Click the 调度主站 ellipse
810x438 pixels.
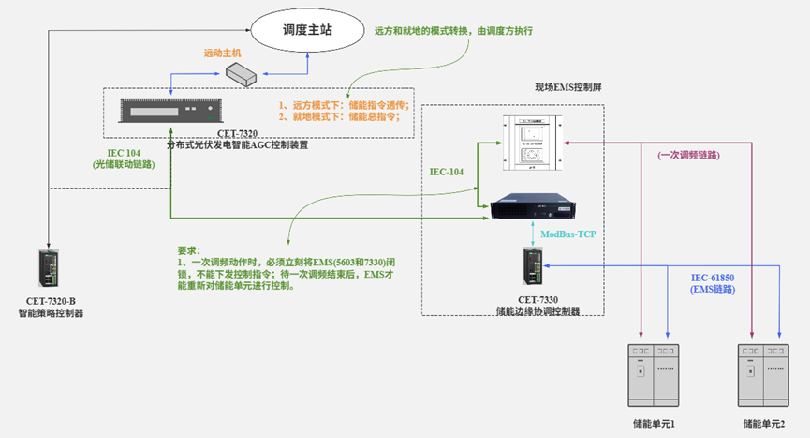pos(308,31)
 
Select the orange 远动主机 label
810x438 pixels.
pos(222,53)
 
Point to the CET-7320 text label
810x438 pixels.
pos(238,134)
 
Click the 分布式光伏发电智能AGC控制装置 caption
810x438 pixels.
pos(238,145)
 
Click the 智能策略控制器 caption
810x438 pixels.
pos(51,313)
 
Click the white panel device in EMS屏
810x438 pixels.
pos(531,141)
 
